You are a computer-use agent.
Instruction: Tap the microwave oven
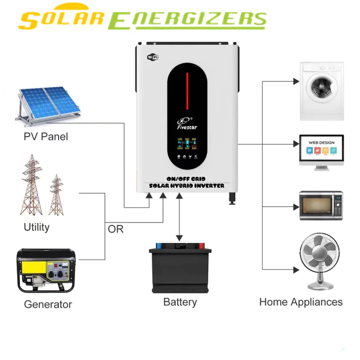click(321, 205)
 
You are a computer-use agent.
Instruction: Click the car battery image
click(180, 267)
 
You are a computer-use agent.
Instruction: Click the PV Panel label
click(46, 137)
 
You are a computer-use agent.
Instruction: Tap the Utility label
click(37, 227)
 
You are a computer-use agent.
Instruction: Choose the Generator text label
click(48, 304)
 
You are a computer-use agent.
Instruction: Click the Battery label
click(180, 302)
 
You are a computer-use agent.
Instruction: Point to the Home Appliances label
click(301, 302)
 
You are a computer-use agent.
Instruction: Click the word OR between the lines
click(116, 229)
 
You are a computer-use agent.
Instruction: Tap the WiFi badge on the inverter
click(153, 56)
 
